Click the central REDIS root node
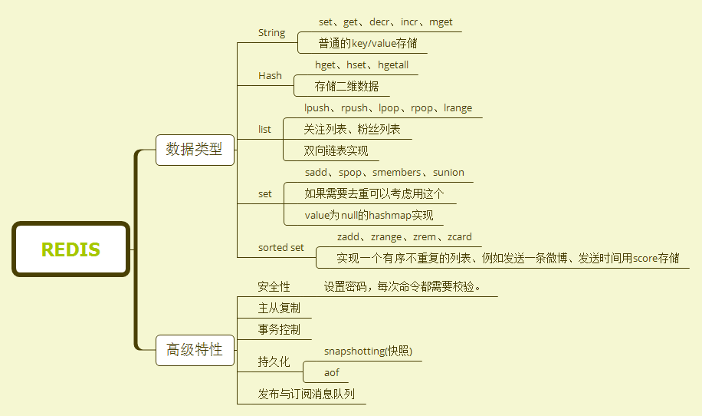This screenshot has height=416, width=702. click(x=71, y=249)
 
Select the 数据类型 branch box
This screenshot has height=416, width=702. click(x=195, y=150)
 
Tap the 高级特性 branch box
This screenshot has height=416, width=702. click(x=195, y=350)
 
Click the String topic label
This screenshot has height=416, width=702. click(x=271, y=33)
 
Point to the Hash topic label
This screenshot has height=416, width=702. click(x=270, y=76)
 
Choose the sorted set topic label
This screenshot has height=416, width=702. click(x=281, y=248)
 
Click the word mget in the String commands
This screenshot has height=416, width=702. click(x=441, y=22)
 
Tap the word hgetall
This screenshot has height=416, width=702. click(x=393, y=65)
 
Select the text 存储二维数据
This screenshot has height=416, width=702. click(x=346, y=87)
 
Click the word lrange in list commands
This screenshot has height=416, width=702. click(x=458, y=108)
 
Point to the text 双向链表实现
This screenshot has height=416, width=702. click(x=336, y=151)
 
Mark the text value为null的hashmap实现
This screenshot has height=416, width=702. click(x=369, y=216)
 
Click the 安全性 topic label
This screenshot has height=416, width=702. click(x=274, y=287)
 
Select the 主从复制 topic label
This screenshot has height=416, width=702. click(x=279, y=309)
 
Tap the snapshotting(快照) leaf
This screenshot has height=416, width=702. click(x=368, y=352)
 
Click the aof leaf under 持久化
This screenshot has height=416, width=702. click(x=331, y=373)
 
